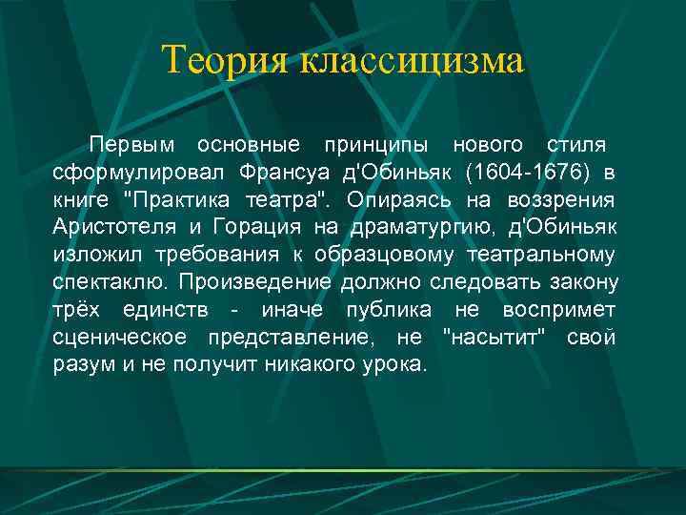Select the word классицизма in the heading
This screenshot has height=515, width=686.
413,61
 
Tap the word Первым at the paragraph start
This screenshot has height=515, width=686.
132,145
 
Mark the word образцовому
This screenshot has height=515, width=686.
402,256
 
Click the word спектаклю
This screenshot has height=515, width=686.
109,283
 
